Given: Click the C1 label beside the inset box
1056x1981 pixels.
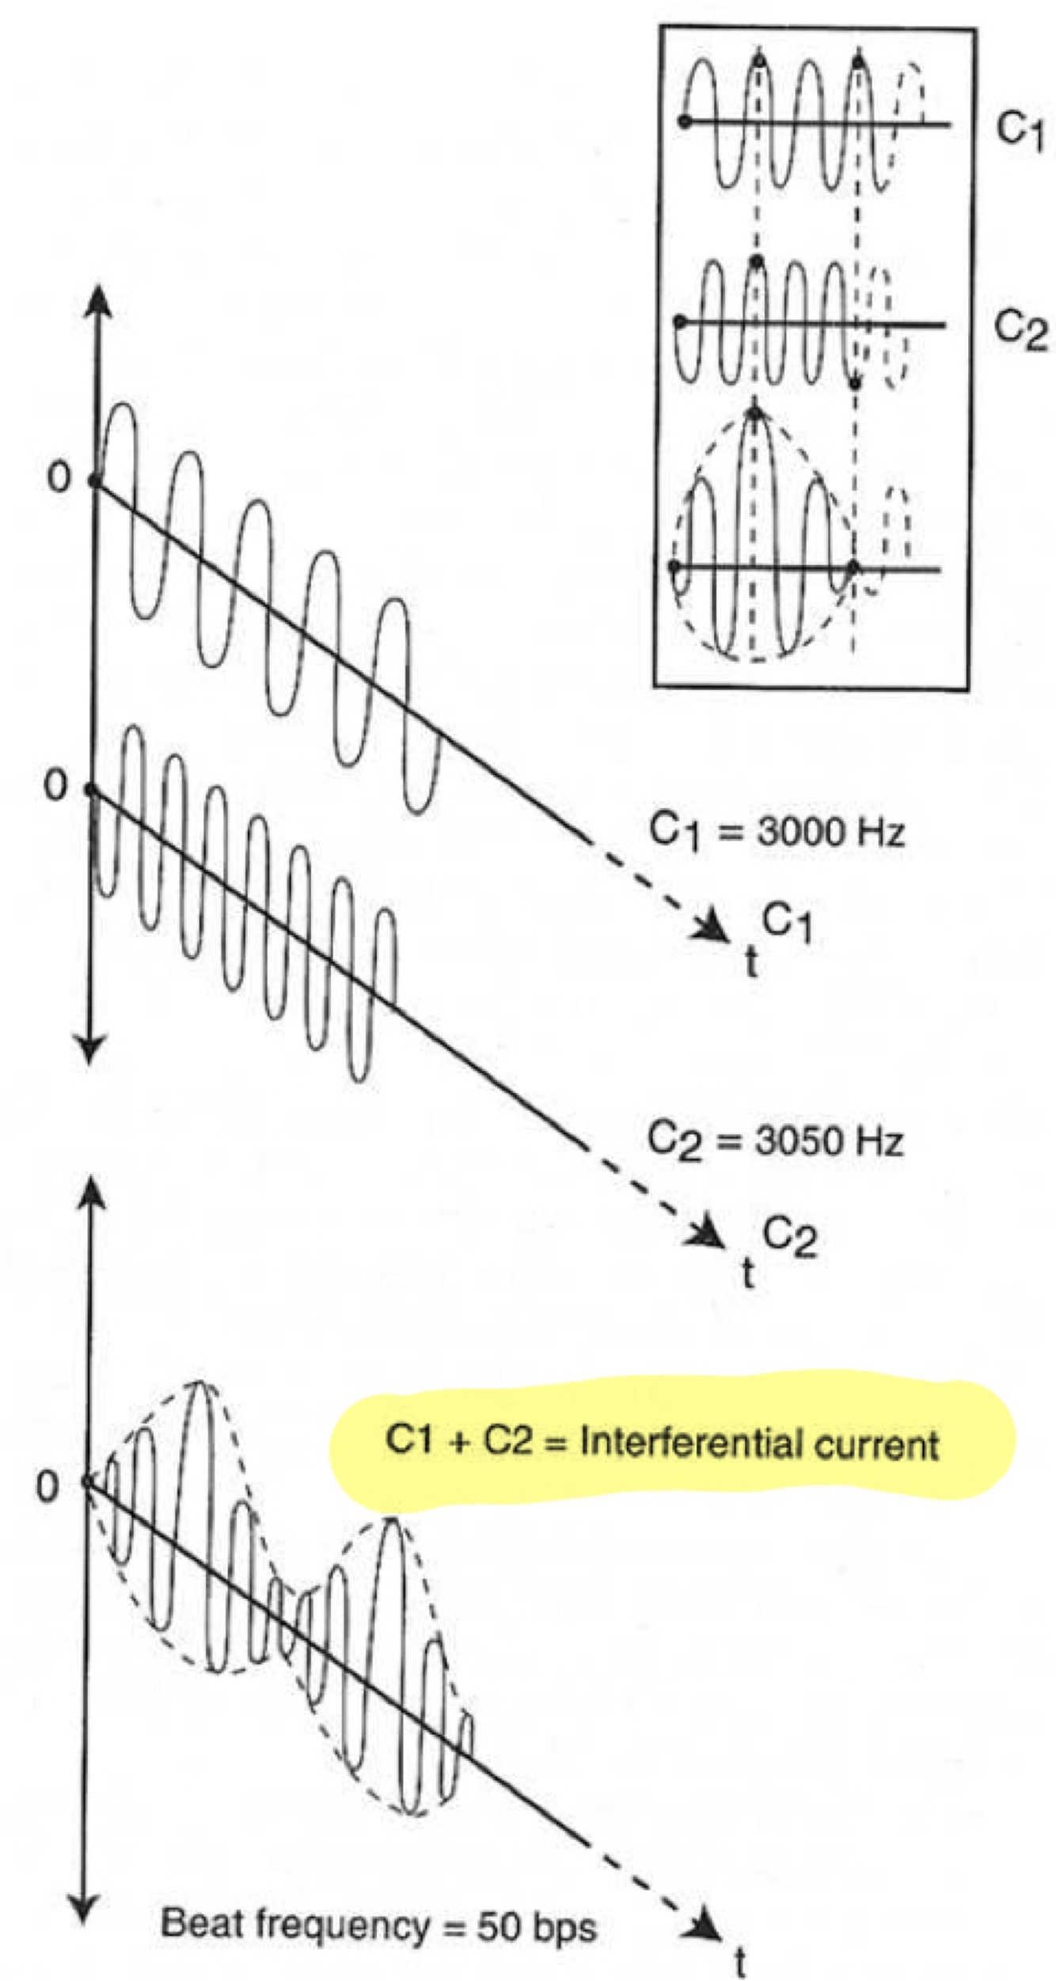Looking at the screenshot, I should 1020,130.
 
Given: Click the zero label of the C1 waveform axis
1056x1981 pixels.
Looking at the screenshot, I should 59,477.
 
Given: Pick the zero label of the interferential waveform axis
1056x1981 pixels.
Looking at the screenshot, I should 47,1488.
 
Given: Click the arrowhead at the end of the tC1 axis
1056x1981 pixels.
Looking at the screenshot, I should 711,927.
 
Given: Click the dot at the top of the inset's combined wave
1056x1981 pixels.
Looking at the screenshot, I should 754,412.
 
